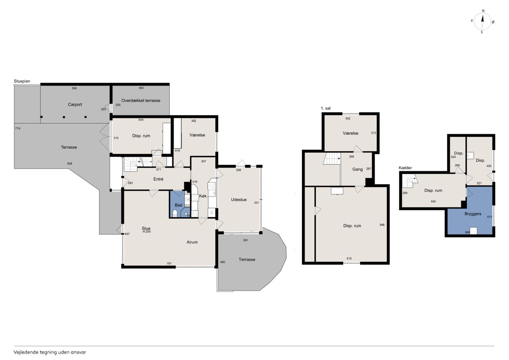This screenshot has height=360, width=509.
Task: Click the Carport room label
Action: click(75, 105)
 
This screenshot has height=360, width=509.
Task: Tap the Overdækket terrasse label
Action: click(141, 101)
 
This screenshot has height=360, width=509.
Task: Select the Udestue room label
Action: click(239, 200)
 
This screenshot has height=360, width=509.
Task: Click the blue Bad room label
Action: click(179, 205)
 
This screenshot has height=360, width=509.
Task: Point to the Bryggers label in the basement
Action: click(473, 214)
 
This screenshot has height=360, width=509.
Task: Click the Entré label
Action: click(158, 179)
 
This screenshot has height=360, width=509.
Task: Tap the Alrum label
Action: click(192, 242)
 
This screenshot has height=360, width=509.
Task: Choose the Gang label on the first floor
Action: click(357, 169)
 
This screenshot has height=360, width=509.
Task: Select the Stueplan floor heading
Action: click(22, 81)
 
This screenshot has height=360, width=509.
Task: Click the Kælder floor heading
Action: click(405, 168)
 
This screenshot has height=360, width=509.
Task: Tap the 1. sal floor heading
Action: click(325, 109)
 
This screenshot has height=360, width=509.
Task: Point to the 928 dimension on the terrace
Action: click(70, 163)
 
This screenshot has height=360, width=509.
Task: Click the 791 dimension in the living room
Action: click(169, 263)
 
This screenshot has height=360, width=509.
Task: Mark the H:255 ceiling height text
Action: click(147, 232)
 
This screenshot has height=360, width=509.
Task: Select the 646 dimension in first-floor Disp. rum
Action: click(382, 225)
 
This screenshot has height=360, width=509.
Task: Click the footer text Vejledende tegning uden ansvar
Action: click(50, 352)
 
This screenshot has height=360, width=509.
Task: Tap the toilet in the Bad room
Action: click(175, 213)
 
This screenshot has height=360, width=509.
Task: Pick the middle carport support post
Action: click(64, 117)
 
